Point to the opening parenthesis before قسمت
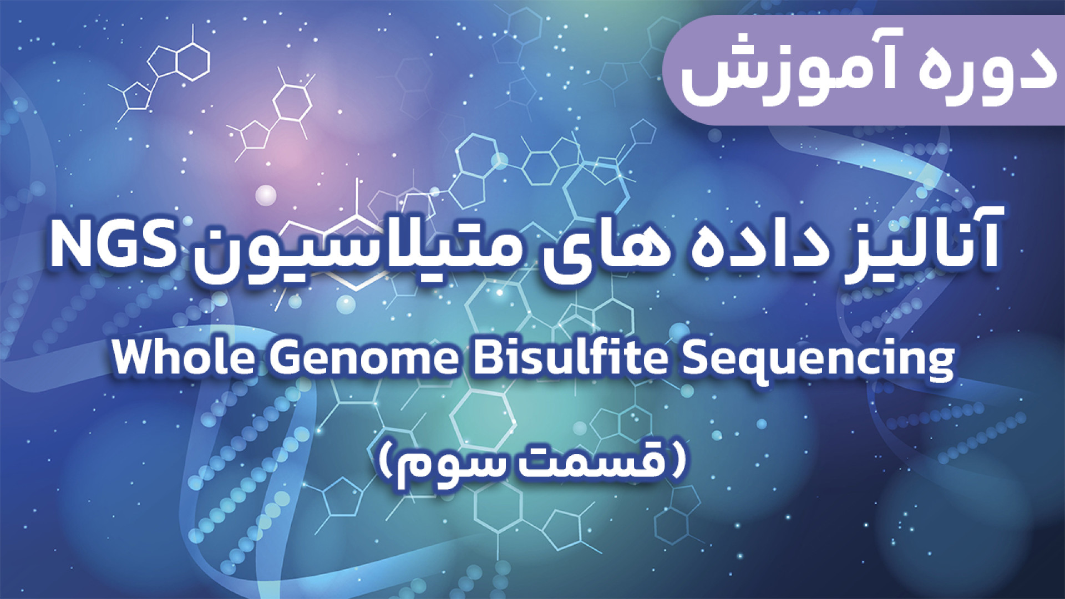(677, 460)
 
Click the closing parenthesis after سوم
(386, 460)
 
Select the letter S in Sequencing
(696, 358)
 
